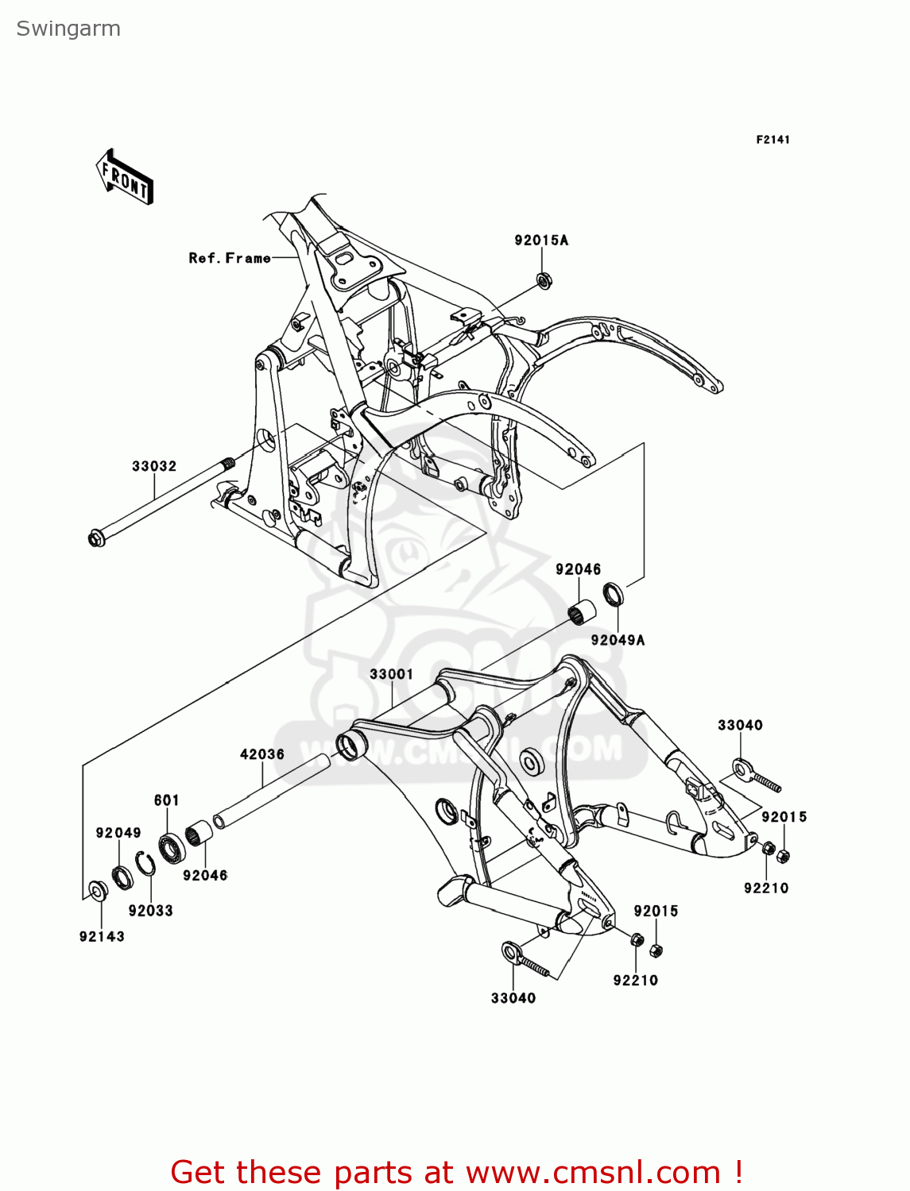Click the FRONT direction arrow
pos(125,178)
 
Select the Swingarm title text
pos(68,29)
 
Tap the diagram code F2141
pos(773,140)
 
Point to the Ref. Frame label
pos(229,258)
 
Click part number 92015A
pos(541,241)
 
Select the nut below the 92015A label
pos(544,279)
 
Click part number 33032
pos(154,466)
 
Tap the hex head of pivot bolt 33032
pos(96,539)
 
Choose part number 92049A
pos(618,640)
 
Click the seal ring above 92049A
pos(614,594)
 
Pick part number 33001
pos(391,674)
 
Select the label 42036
pos(262,754)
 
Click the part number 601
pos(167,800)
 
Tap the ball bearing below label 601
pos(171,848)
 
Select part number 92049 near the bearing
pos(118,833)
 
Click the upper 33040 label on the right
pos(740,725)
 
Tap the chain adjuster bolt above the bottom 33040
pos(524,959)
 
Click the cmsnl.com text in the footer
pos(592,1173)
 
